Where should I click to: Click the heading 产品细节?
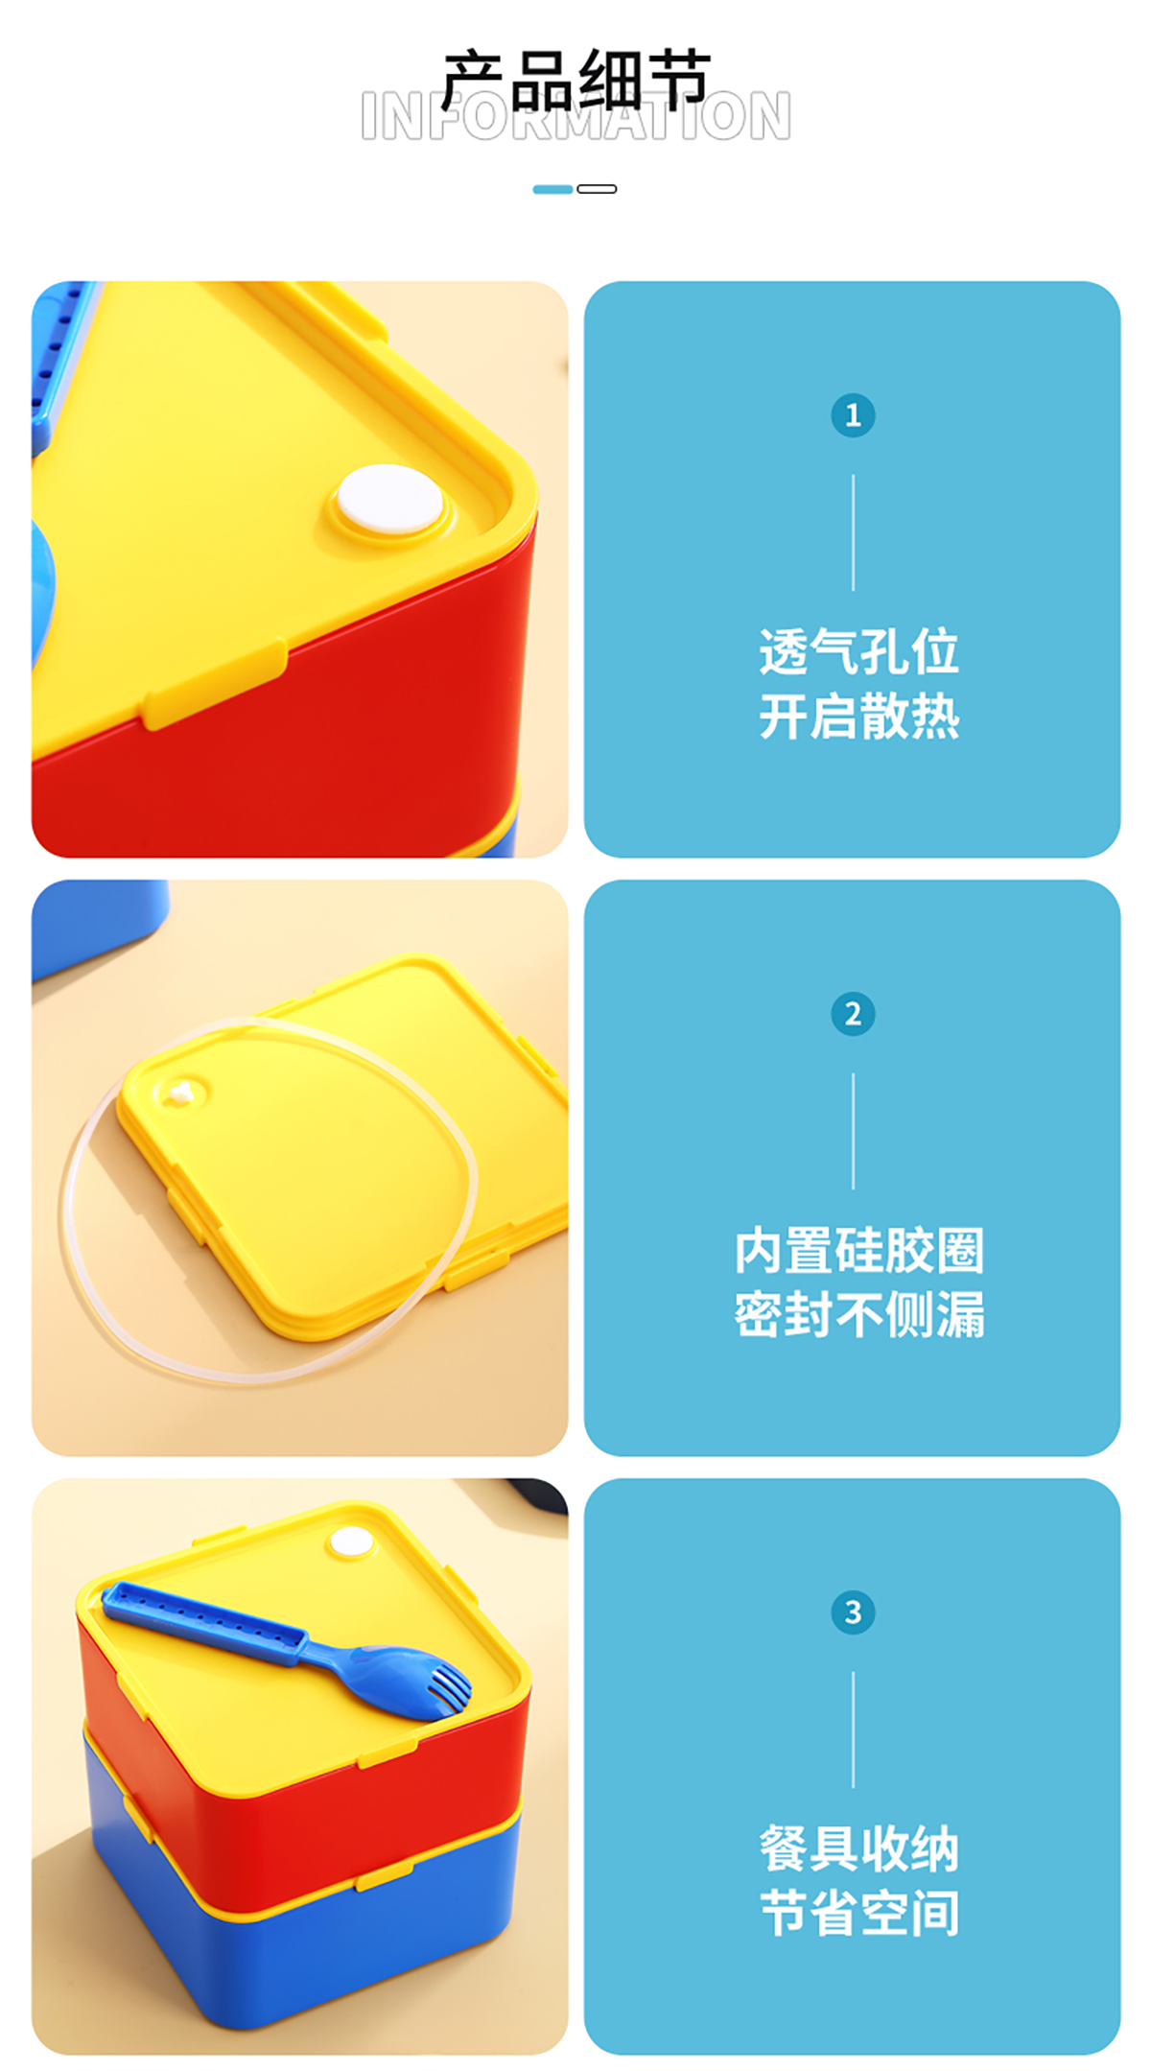pyautogui.click(x=575, y=81)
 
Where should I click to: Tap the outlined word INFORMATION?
pyautogui.click(x=575, y=117)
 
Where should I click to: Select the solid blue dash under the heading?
pyautogui.click(x=552, y=189)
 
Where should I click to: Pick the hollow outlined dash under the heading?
pyautogui.click(x=597, y=189)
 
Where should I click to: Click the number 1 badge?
pyautogui.click(x=853, y=415)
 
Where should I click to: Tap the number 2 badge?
pyautogui.click(x=853, y=1014)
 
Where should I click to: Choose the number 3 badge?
pyautogui.click(x=853, y=1612)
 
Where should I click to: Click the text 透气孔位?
pyautogui.click(x=858, y=652)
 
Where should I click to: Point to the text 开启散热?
pyautogui.click(x=858, y=717)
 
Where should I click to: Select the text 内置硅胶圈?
pyautogui.click(x=858, y=1251)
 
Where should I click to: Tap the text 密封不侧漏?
pyautogui.click(x=858, y=1315)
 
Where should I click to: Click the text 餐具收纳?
pyautogui.click(x=858, y=1849)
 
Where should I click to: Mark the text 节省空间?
pyautogui.click(x=858, y=1914)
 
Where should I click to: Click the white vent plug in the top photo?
pyautogui.click(x=390, y=499)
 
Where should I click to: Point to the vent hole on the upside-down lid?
pyautogui.click(x=179, y=1092)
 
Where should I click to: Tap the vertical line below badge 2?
pyautogui.click(x=853, y=1131)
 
